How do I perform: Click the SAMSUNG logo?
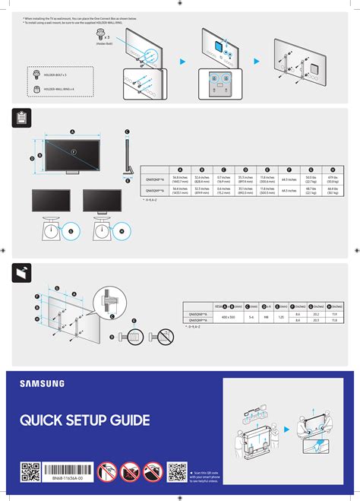pyautogui.click(x=42, y=384)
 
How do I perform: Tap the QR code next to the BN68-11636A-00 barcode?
pyautogui.click(x=30, y=473)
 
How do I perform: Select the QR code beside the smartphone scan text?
pyautogui.click(x=178, y=473)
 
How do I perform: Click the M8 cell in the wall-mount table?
pyautogui.click(x=266, y=316)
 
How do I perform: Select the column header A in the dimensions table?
pyautogui.click(x=180, y=170)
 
